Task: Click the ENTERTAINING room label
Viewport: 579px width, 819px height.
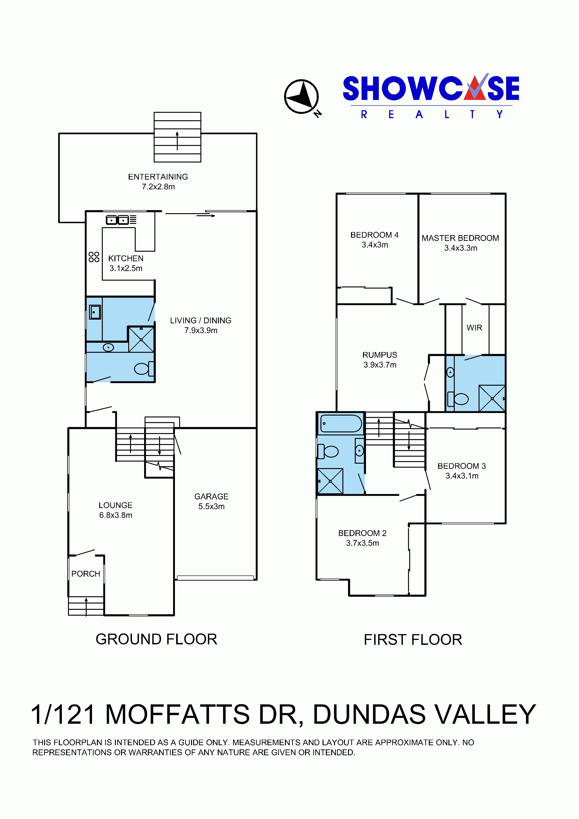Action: click(x=158, y=177)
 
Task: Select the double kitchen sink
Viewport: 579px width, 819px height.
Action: click(x=117, y=220)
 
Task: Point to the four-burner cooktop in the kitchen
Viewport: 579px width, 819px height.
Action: click(x=94, y=257)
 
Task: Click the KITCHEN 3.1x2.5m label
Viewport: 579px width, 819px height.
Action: click(x=126, y=263)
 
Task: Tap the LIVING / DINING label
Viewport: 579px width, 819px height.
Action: click(x=200, y=321)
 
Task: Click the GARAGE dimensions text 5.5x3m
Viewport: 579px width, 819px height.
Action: click(x=212, y=507)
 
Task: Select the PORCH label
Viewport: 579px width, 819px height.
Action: click(x=86, y=574)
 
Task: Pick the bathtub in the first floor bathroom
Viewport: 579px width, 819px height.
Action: click(x=341, y=424)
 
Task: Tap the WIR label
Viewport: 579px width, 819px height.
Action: click(x=474, y=328)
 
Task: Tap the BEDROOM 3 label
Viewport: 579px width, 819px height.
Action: click(x=462, y=466)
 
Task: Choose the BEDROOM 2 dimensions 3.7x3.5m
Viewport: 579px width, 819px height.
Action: click(x=362, y=543)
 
